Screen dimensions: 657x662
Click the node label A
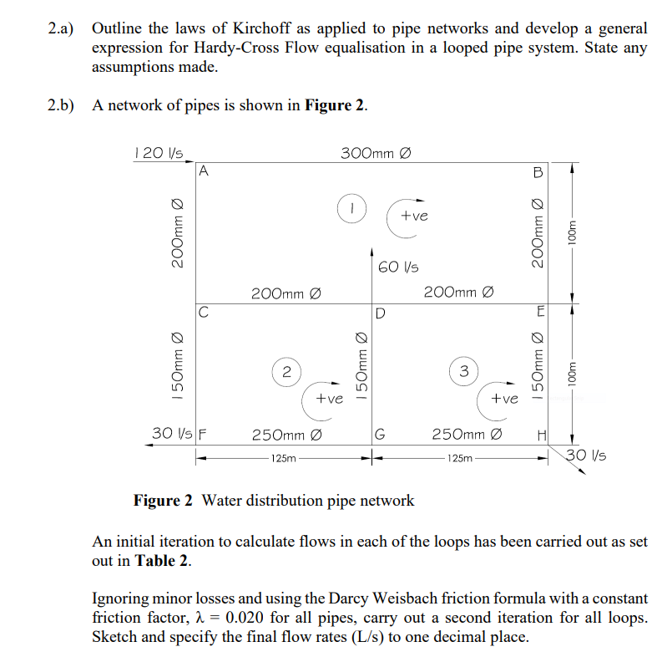click(205, 174)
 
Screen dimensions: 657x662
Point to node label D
click(380, 314)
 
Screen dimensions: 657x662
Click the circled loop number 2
click(286, 370)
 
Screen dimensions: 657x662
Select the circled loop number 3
click(463, 370)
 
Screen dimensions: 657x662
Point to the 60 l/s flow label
click(398, 268)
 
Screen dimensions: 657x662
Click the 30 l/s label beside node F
click(172, 434)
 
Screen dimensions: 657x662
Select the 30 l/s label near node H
click(587, 456)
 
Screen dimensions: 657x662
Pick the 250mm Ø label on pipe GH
click(467, 434)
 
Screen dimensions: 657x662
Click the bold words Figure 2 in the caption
click(164, 501)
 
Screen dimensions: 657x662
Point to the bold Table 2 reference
click(163, 561)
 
